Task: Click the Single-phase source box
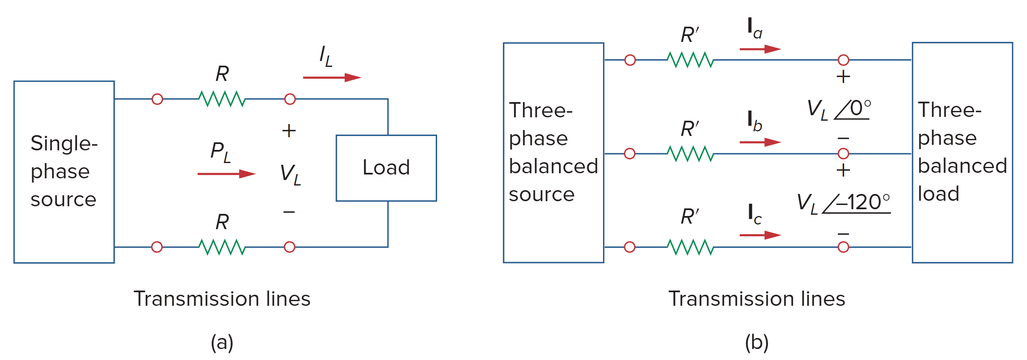(64, 172)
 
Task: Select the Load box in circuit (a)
(386, 168)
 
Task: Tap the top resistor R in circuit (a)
(222, 99)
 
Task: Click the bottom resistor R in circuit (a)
(222, 247)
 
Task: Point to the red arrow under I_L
(332, 78)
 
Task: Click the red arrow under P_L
(226, 174)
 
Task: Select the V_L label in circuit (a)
(291, 174)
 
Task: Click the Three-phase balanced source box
(553, 152)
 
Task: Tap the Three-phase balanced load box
(962, 152)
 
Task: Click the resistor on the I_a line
(690, 60)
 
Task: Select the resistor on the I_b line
(690, 154)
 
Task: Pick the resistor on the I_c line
(690, 247)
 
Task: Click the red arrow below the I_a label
(760, 49)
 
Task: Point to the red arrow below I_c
(760, 235)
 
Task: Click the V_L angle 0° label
(839, 109)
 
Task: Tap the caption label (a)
(222, 342)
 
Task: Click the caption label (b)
(757, 342)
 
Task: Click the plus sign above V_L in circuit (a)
(289, 130)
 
